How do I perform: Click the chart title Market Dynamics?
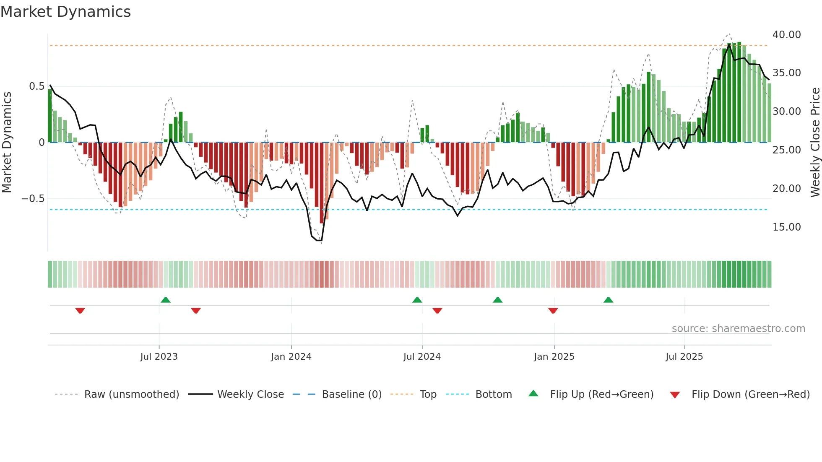pyautogui.click(x=66, y=12)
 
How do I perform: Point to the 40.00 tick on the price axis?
pyautogui.click(x=786, y=35)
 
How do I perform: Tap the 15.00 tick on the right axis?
pyautogui.click(x=786, y=227)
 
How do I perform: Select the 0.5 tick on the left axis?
pyautogui.click(x=36, y=86)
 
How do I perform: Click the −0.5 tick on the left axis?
pyautogui.click(x=33, y=199)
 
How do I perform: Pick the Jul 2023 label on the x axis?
pyautogui.click(x=159, y=357)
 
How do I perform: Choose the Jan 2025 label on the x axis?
pyautogui.click(x=554, y=357)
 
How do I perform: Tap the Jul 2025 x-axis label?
pyautogui.click(x=684, y=357)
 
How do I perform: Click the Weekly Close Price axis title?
pyautogui.click(x=815, y=143)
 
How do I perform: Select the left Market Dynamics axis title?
pyautogui.click(x=7, y=143)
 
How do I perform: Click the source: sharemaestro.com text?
pyautogui.click(x=738, y=329)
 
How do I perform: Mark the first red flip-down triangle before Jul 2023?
pyautogui.click(x=80, y=311)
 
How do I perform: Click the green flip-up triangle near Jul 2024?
pyautogui.click(x=417, y=300)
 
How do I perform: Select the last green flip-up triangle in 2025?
pyautogui.click(x=608, y=300)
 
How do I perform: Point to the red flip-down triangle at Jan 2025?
pyautogui.click(x=553, y=311)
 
